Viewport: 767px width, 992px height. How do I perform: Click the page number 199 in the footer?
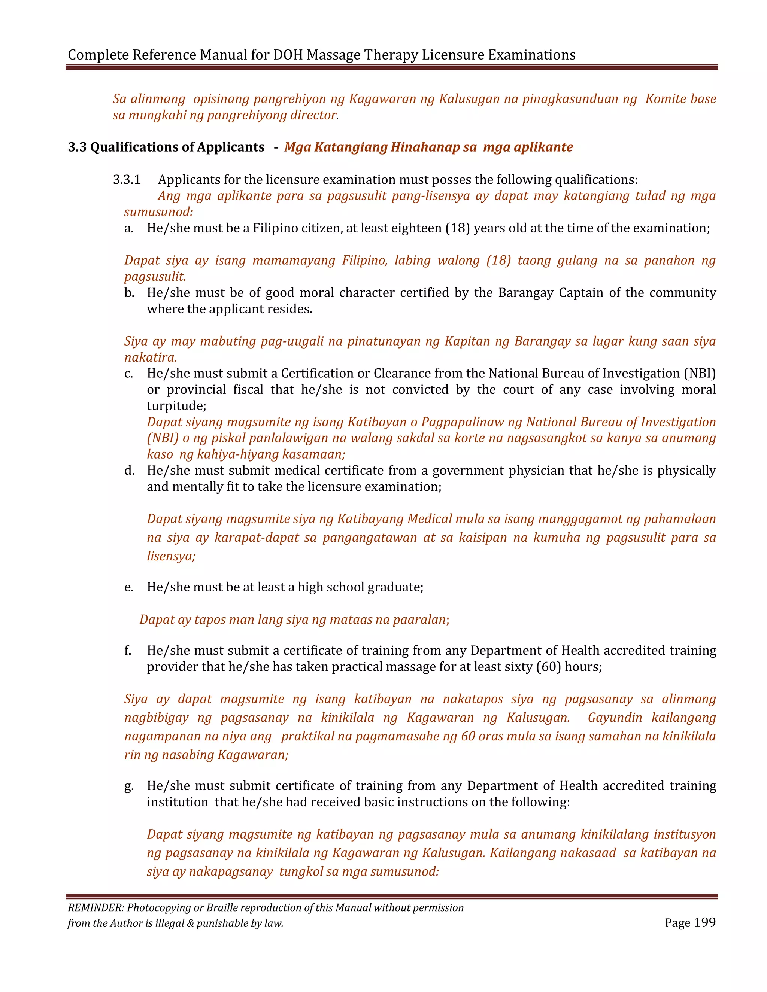click(x=705, y=922)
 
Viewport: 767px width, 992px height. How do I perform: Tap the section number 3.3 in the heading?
click(x=77, y=147)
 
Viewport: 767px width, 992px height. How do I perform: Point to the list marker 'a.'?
click(x=128, y=228)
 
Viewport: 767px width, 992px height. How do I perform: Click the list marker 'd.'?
click(x=129, y=470)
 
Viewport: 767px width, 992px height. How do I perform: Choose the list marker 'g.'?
click(x=129, y=786)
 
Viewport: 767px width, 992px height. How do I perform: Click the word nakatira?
click(x=151, y=357)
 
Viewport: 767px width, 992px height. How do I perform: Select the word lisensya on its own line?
click(x=171, y=556)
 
